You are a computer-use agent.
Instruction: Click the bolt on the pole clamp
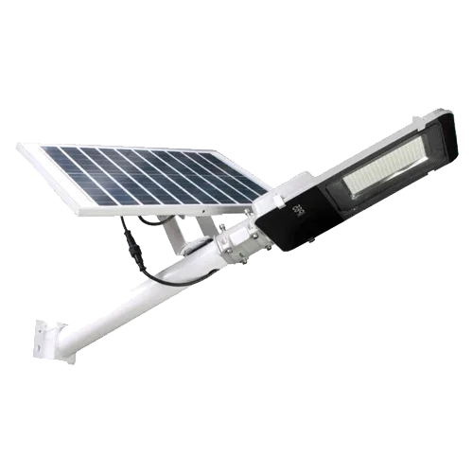(254, 234)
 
